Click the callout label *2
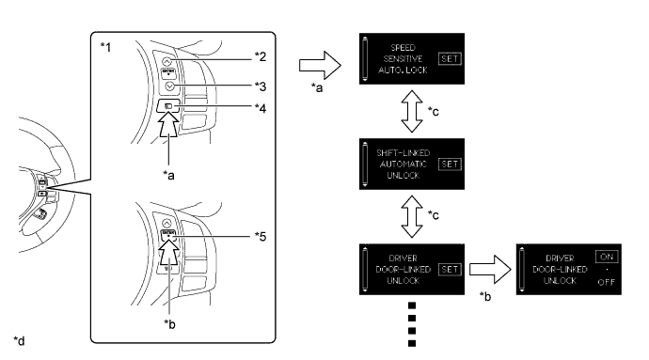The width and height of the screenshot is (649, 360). [261, 56]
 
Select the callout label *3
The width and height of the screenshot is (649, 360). [261, 86]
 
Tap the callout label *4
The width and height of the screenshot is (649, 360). [261, 108]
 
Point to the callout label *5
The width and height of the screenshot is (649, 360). [261, 236]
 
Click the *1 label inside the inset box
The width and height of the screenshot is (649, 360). [106, 47]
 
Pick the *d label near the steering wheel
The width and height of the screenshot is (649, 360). [19, 340]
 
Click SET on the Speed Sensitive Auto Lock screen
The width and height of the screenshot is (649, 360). [450, 59]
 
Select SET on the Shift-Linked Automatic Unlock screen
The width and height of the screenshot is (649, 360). [450, 164]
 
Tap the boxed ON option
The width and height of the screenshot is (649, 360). [607, 257]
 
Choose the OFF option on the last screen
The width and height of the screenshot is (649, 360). [607, 282]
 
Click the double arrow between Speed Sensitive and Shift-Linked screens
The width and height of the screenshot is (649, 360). [412, 111]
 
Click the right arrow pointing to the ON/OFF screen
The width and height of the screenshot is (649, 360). [490, 270]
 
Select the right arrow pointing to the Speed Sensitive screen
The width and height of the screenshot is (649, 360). [320, 65]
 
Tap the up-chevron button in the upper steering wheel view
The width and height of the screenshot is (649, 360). [166, 62]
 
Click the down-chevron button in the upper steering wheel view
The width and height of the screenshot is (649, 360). [169, 86]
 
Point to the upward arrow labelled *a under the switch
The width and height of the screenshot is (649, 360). [168, 124]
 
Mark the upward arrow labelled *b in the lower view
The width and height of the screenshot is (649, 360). [169, 253]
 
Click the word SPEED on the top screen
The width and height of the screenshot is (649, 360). [404, 48]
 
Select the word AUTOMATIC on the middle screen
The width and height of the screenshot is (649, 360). [404, 164]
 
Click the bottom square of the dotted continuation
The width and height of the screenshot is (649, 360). [412, 343]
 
